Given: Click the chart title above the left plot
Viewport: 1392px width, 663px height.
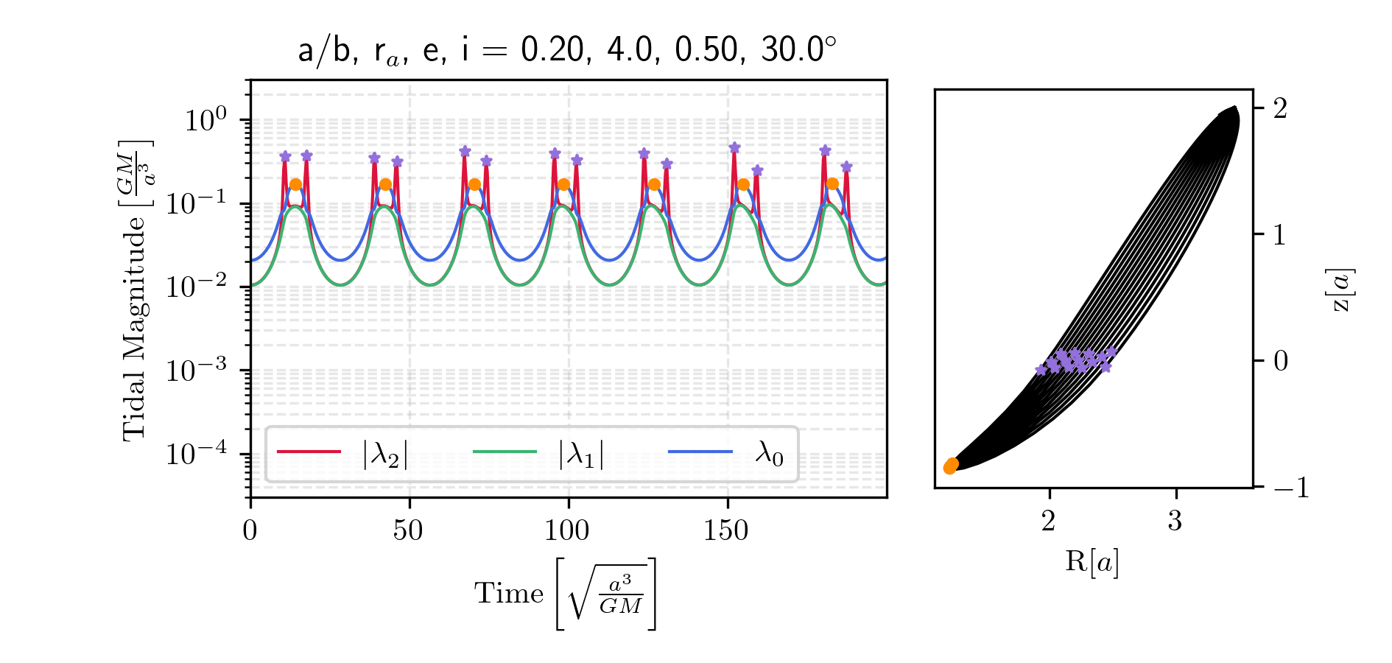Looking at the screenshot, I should click(567, 50).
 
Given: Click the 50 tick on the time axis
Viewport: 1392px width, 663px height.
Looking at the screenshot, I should click(408, 530).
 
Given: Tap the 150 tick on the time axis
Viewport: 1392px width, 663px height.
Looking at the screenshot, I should click(726, 530).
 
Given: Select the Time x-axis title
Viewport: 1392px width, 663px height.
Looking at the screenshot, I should click(565, 594).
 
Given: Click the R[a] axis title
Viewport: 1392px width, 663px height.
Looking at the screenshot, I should click(1092, 561).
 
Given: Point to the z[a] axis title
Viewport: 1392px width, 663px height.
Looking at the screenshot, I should click(1342, 290).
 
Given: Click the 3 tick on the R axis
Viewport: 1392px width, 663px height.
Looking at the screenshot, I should click(1175, 521).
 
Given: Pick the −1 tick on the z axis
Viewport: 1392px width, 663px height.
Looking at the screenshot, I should click(1289, 488).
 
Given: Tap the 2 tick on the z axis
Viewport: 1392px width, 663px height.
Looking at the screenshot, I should click(1280, 109).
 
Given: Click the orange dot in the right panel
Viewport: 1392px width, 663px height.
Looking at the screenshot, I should click(951, 466).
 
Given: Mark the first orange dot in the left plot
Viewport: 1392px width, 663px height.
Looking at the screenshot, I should click(295, 184).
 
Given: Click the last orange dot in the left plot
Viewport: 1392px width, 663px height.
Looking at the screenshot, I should click(832, 184).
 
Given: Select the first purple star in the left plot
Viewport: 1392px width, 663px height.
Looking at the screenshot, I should click(285, 156).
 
